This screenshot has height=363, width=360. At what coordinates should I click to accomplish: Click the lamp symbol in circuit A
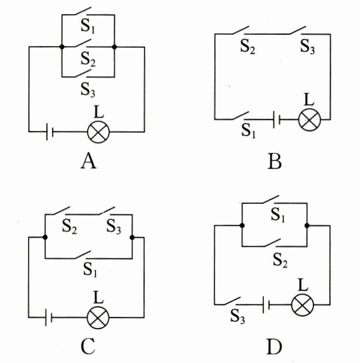[98, 132]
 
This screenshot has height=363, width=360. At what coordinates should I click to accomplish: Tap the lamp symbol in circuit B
[308, 119]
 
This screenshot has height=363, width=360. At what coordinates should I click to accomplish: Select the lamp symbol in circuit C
[98, 317]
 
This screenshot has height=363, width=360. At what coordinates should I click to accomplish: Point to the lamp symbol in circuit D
[302, 305]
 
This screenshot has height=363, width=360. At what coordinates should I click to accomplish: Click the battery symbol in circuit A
[49, 132]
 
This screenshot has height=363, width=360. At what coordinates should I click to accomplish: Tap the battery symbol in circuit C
[49, 317]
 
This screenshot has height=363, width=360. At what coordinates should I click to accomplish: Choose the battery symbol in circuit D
[267, 305]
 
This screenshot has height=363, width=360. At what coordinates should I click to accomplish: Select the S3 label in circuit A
[87, 88]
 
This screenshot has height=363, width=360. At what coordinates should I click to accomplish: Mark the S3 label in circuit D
[238, 319]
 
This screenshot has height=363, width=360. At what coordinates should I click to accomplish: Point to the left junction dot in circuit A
[61, 47]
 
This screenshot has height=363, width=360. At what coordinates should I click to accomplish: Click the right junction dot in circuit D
[307, 226]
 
